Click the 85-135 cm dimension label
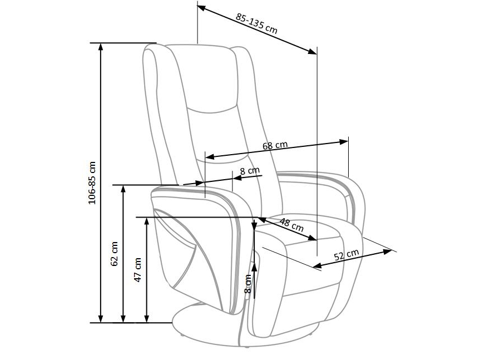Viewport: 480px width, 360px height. point(256,23)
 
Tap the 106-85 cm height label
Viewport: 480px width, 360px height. point(92,183)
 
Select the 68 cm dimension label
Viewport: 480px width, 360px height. point(275,145)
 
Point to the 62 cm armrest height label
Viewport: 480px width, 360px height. point(115,254)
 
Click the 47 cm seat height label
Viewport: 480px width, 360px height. point(138,270)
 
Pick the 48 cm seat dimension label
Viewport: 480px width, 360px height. point(291,225)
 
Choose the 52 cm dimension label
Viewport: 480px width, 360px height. point(346,255)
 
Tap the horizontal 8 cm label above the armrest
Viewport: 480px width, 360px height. point(250,170)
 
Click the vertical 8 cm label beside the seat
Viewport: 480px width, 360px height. point(248,284)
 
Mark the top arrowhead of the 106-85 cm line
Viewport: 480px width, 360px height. point(101,47)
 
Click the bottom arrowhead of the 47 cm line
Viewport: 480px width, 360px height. point(147,319)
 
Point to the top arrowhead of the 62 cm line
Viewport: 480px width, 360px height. point(123,189)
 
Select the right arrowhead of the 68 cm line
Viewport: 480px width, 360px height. point(344,142)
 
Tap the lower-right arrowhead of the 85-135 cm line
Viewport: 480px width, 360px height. point(313,52)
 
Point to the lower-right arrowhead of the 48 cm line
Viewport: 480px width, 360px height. point(312,238)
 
